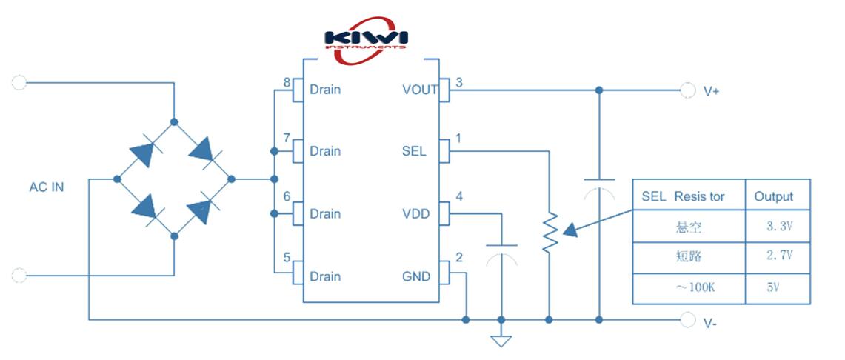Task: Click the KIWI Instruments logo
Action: coord(366,39)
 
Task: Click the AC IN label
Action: coord(47,187)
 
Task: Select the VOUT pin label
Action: coord(420,90)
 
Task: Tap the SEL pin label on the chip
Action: coord(414,151)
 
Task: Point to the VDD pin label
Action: coord(415,214)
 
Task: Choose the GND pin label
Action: coord(415,276)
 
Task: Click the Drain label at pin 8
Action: coord(325,90)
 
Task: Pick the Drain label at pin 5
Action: coord(325,276)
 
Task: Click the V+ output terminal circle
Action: coord(688,90)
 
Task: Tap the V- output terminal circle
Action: coord(688,320)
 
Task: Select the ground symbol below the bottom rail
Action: coord(501,340)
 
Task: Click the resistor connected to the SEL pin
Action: coord(549,233)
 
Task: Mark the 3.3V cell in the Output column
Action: coord(779,226)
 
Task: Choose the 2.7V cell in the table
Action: coord(779,256)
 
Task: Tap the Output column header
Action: coord(773,196)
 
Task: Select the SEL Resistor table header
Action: coord(683,196)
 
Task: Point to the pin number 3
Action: coord(459,82)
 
